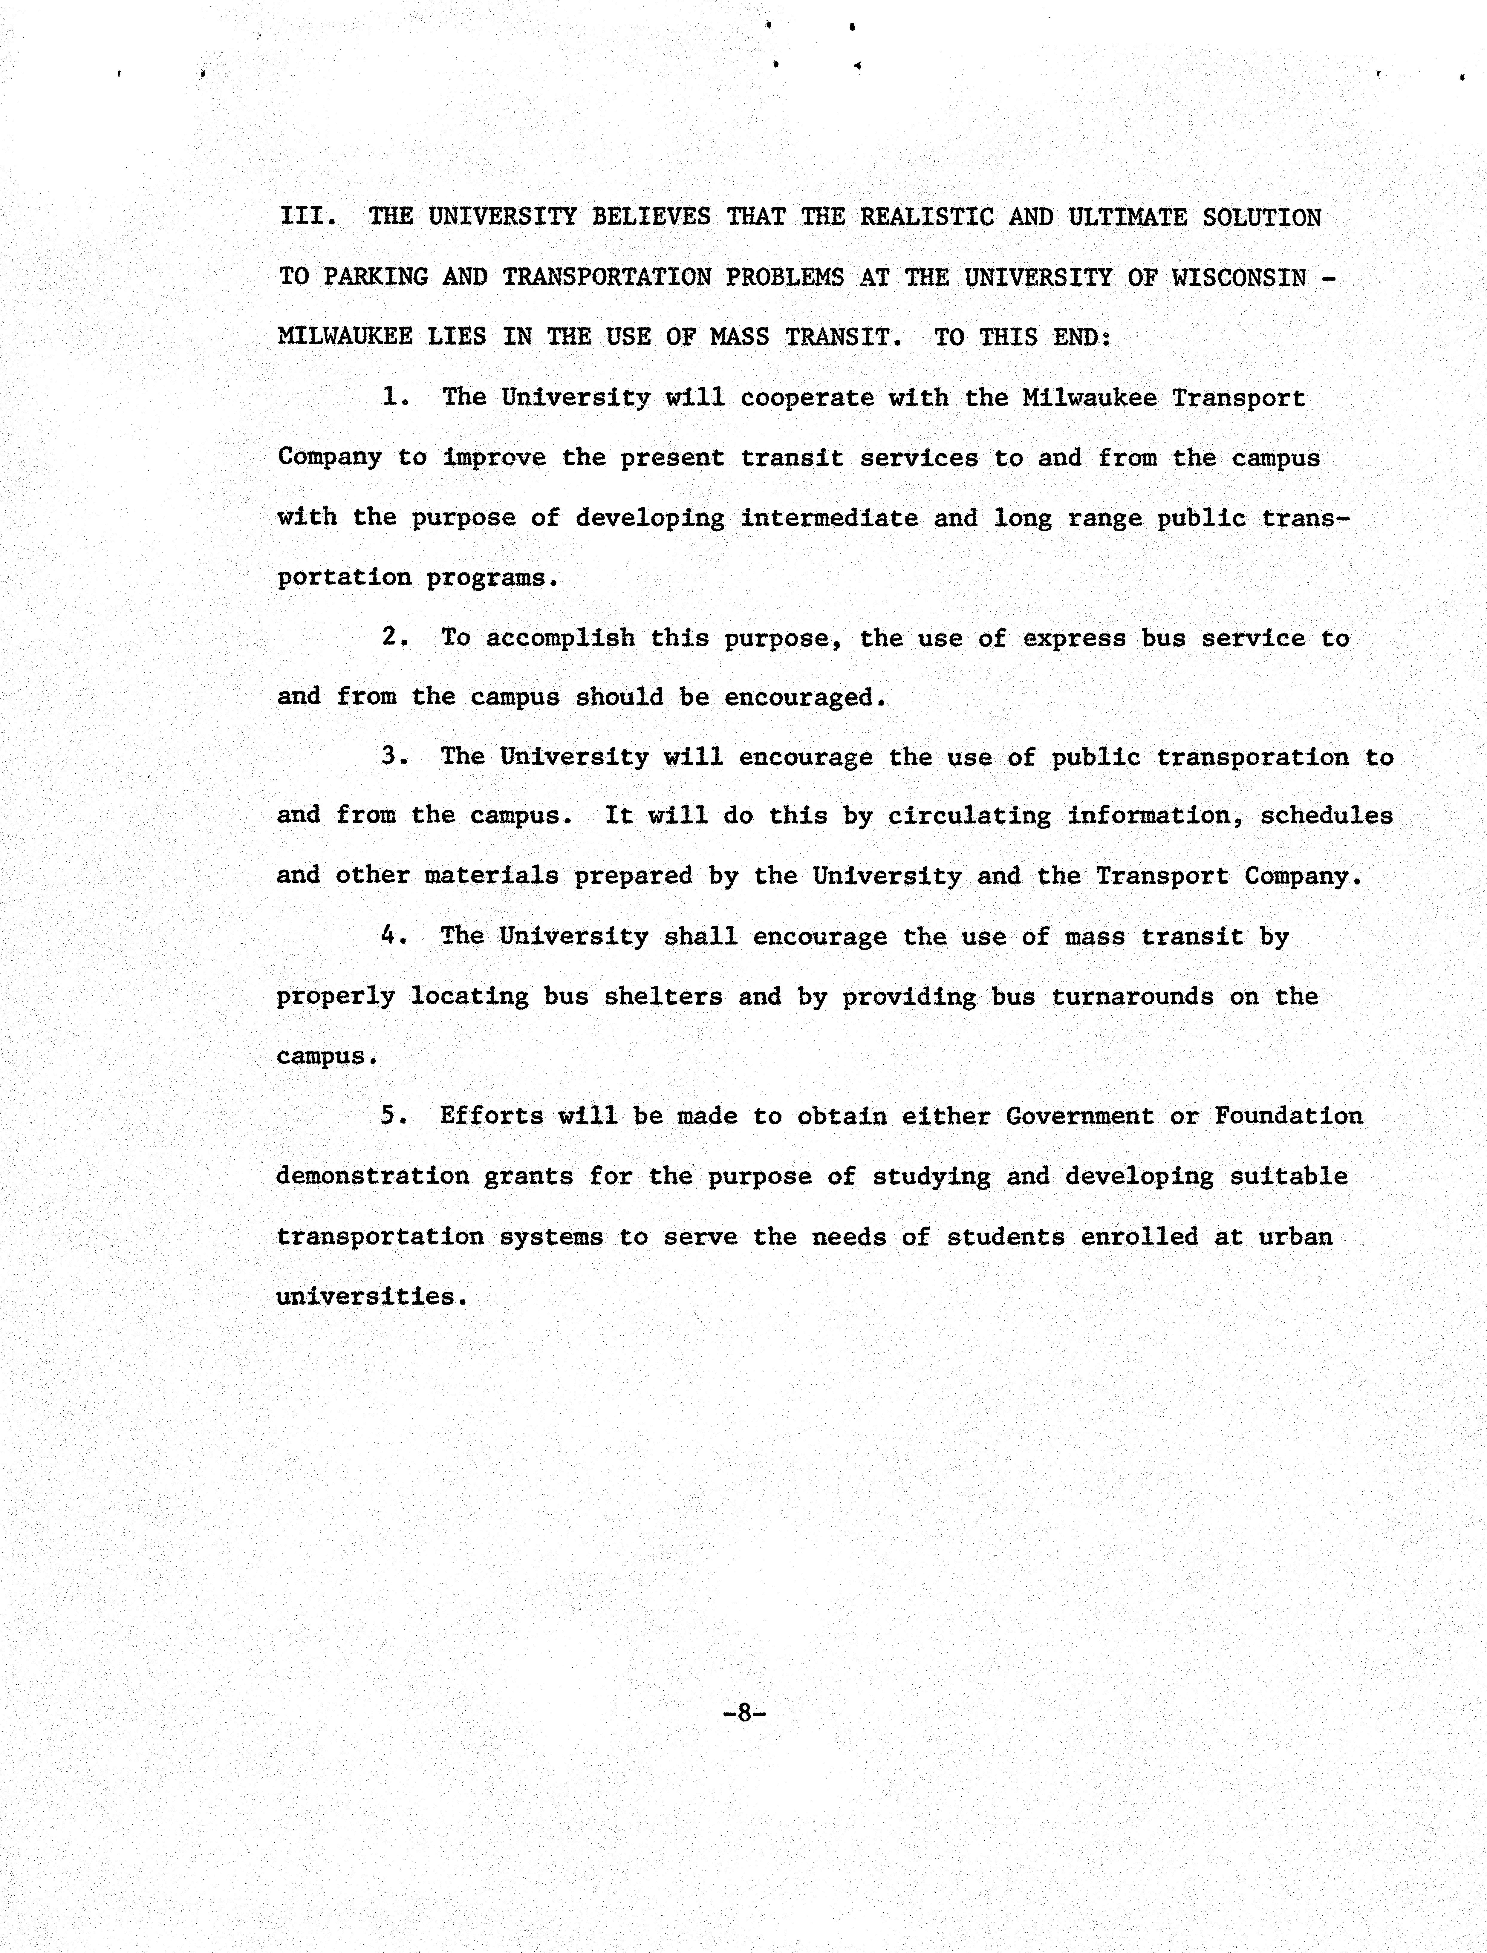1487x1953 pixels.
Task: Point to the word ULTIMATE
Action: [x=1127, y=217]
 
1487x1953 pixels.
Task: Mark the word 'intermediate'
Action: [x=829, y=518]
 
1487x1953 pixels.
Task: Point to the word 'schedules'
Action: [x=1326, y=815]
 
